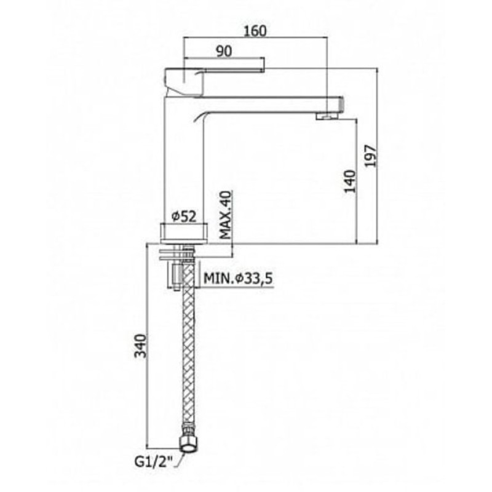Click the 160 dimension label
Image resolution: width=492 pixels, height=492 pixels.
coord(255,31)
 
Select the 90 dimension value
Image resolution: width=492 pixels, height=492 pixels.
coord(224,52)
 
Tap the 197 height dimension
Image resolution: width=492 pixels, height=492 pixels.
coord(371,156)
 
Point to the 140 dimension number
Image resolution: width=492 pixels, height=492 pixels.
coord(351,181)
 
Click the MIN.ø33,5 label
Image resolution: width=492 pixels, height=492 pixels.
coord(238,278)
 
